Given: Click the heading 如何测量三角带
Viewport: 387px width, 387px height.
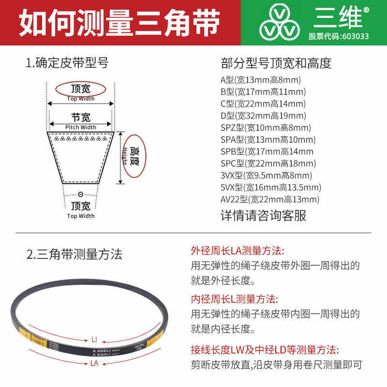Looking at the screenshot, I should point(119,23).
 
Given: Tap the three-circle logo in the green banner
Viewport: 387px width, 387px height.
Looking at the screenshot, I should point(280,23).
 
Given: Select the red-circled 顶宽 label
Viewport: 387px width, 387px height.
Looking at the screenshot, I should point(80,89).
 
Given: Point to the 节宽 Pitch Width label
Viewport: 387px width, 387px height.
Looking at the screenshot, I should point(81,121).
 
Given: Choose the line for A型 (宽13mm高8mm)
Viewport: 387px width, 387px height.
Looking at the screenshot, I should point(261,80).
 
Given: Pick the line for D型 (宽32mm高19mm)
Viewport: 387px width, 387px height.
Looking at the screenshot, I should point(263,116).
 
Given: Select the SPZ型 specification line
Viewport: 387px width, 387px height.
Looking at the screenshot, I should point(266,128).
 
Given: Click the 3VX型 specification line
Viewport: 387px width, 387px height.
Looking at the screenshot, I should point(266,175).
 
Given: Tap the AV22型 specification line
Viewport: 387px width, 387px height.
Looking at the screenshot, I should point(270,199).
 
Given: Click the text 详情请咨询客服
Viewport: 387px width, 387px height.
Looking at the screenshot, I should point(263,215).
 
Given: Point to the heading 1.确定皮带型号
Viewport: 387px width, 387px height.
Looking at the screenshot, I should point(67,63).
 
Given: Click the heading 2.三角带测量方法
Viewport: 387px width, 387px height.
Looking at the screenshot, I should point(74,254).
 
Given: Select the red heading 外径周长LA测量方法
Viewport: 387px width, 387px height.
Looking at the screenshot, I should point(238,251).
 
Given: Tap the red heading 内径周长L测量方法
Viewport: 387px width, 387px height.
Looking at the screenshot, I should point(235,299).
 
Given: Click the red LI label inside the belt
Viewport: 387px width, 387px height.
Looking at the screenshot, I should point(95,339).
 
